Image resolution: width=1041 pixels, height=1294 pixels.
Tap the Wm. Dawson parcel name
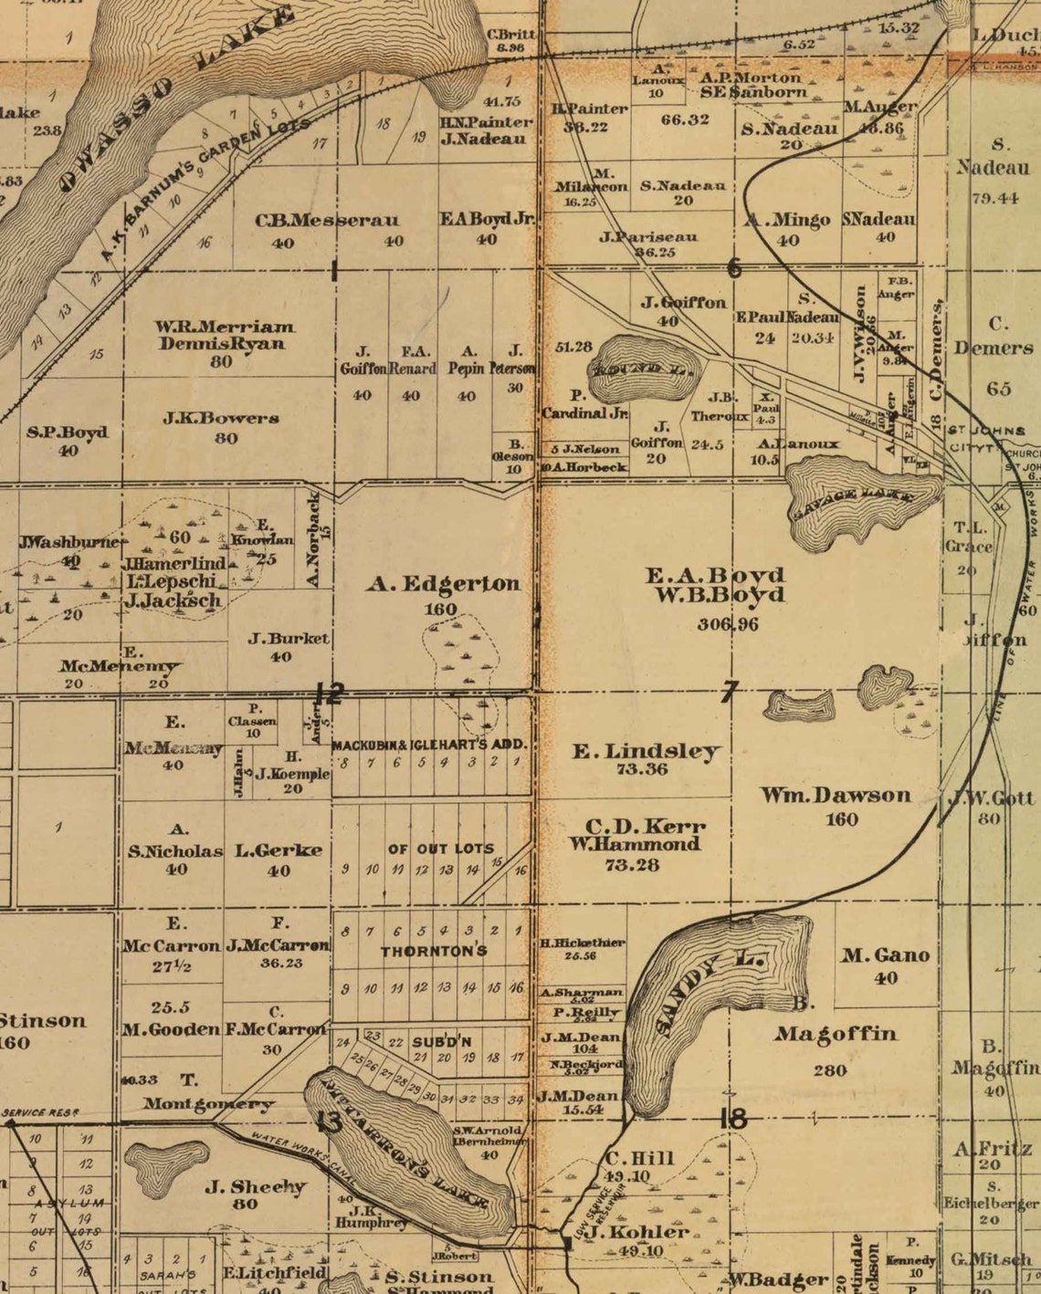click(x=836, y=795)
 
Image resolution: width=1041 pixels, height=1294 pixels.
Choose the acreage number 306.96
click(x=727, y=624)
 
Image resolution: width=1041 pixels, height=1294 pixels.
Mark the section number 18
click(x=732, y=1118)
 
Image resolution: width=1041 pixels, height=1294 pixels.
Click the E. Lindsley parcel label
click(x=646, y=751)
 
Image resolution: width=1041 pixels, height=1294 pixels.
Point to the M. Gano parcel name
click(x=885, y=955)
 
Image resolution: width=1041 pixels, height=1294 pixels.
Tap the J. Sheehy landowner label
click(x=255, y=1186)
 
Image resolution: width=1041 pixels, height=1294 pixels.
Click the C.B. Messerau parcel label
click(x=327, y=221)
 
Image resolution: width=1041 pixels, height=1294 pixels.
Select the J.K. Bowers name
click(x=221, y=419)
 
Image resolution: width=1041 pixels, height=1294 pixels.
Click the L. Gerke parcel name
click(x=279, y=850)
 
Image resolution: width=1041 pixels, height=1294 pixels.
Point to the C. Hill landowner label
click(x=639, y=1159)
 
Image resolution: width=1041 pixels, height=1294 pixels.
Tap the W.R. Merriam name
click(x=225, y=326)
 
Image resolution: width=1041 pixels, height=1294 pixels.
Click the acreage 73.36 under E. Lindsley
click(x=641, y=769)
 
